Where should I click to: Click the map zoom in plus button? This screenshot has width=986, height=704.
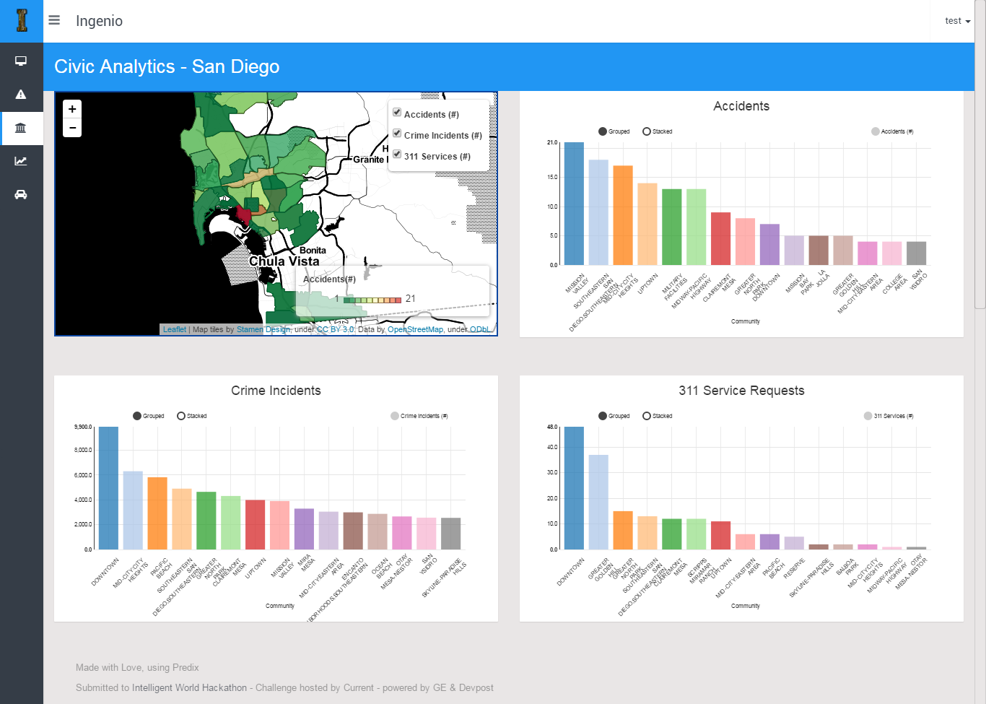coord(72,109)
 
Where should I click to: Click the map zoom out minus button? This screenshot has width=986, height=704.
coord(72,128)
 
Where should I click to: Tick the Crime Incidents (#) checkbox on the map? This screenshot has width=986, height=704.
coord(397,134)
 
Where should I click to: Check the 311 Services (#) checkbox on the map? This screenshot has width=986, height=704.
coord(397,155)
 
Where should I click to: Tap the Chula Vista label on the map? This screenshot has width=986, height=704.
coord(284,261)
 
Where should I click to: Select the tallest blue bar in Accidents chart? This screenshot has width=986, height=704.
coord(574,204)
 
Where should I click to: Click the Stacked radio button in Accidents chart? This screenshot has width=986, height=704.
coord(647,131)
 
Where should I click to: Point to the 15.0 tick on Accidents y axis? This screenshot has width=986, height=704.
coord(552,177)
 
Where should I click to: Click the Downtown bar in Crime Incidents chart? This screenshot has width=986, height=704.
coord(108,488)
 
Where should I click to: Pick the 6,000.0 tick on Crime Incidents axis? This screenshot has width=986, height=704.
coord(83,475)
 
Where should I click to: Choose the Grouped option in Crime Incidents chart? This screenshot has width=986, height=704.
coord(138,416)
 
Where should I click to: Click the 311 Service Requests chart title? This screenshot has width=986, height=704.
coord(741,391)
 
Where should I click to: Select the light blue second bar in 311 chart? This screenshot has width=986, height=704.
coord(598,502)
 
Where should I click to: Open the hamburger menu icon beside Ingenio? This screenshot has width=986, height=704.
coord(54,20)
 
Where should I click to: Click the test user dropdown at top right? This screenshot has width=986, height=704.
coord(957,21)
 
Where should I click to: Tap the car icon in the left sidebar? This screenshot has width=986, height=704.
coord(21,194)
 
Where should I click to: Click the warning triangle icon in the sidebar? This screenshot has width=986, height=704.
coord(21,95)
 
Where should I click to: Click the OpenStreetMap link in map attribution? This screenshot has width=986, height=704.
coord(415,329)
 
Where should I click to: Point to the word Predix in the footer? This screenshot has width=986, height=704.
coord(186,668)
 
